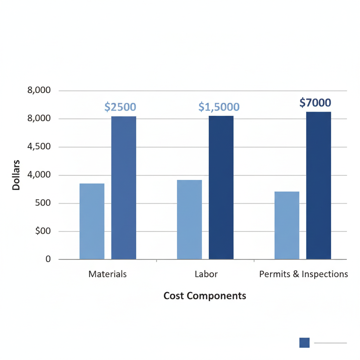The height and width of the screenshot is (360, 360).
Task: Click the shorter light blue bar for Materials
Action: click(x=92, y=221)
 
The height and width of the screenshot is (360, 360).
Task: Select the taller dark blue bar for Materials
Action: click(x=124, y=188)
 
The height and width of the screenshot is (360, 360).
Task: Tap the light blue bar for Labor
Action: click(x=189, y=220)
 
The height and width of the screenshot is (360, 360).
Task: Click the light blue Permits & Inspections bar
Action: click(x=287, y=225)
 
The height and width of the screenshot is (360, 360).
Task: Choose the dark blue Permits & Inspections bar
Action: click(x=319, y=186)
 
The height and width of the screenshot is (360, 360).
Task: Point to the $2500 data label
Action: click(x=120, y=107)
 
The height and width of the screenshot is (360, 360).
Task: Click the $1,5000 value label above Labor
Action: click(x=219, y=107)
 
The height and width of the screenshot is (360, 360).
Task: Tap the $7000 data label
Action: click(x=315, y=103)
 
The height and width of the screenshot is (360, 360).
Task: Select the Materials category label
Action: click(x=108, y=274)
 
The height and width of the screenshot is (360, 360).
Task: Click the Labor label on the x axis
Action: click(x=206, y=274)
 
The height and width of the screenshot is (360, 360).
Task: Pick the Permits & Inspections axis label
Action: click(x=303, y=274)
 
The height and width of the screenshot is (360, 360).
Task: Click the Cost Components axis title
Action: click(x=205, y=296)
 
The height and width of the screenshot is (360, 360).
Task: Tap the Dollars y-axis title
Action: click(x=16, y=175)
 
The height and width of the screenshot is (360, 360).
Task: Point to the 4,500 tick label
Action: click(x=39, y=147)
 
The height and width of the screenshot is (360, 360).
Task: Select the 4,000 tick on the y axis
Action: click(x=39, y=175)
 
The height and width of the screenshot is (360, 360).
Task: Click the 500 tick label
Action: click(x=43, y=203)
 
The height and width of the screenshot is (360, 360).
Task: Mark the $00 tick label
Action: click(x=43, y=231)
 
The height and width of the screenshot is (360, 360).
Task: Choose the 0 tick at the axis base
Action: click(x=48, y=259)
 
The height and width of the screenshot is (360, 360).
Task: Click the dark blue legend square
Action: click(x=304, y=343)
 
